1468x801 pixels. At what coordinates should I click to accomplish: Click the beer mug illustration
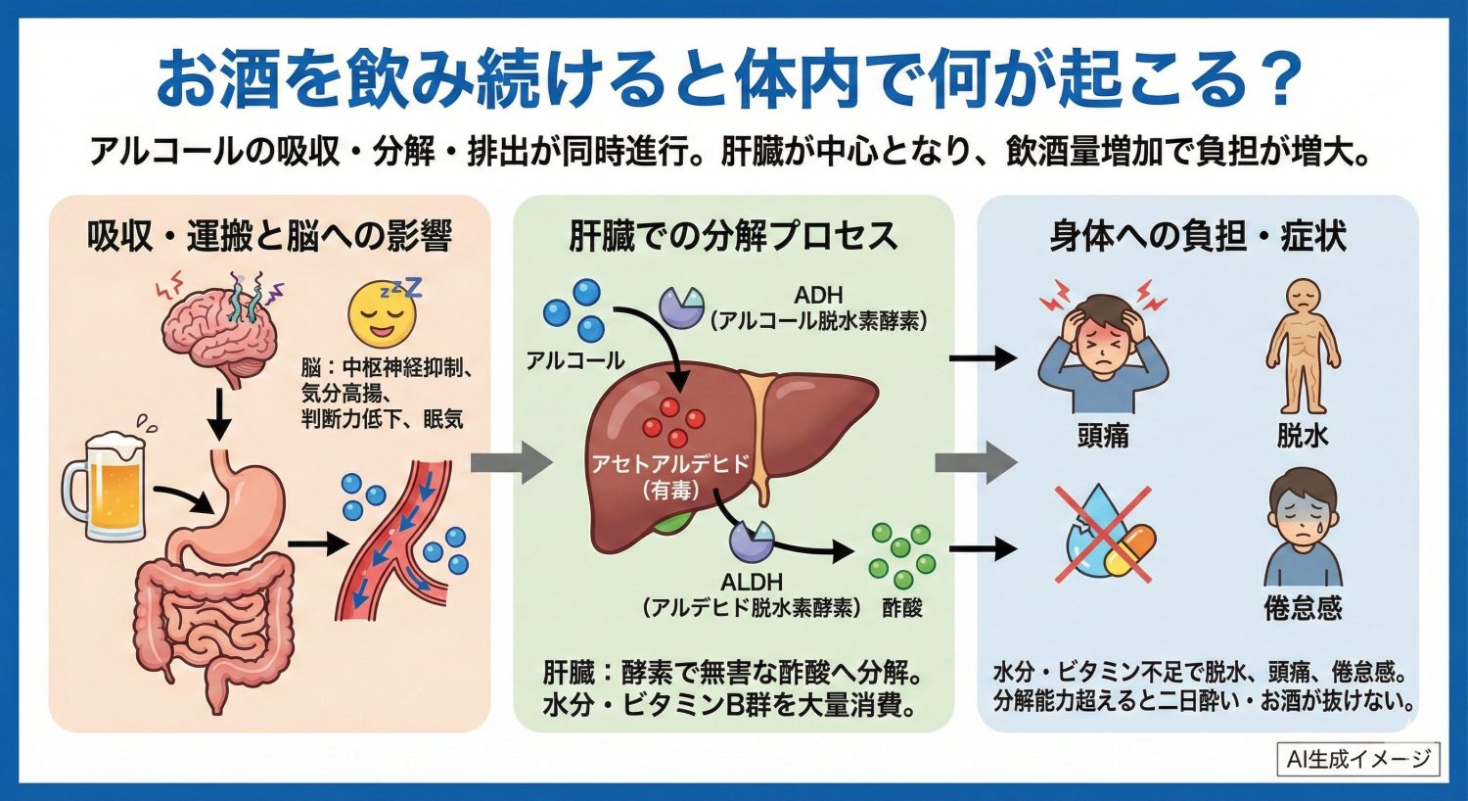click(x=106, y=486)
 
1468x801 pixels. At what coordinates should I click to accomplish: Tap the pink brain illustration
click(x=217, y=324)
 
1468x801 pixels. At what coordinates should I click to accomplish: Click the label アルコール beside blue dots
click(x=574, y=360)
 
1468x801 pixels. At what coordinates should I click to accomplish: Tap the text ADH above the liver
click(x=818, y=295)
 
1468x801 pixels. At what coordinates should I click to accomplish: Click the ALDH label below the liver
click(x=752, y=582)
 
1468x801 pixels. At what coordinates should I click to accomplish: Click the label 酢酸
click(x=901, y=608)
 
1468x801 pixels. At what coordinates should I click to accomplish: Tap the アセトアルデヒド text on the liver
click(x=670, y=463)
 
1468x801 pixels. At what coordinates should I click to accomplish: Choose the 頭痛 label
click(x=1103, y=436)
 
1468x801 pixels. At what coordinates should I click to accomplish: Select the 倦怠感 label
click(x=1303, y=608)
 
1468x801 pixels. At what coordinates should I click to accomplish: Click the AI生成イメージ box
click(x=1358, y=758)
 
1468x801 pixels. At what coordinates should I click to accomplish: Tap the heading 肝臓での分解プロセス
click(x=733, y=236)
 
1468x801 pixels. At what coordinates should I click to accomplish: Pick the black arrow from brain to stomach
click(x=220, y=416)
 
